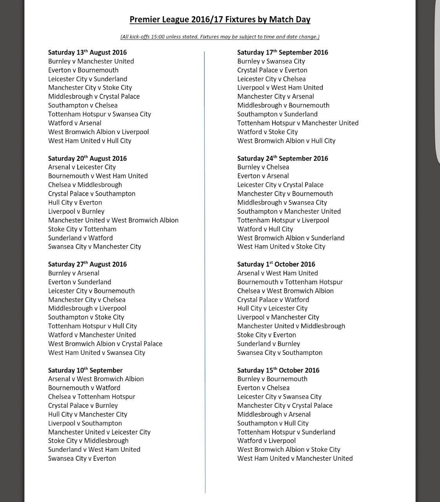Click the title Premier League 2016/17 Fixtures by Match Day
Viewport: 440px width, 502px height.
click(220, 20)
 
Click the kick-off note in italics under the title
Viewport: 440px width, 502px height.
click(220, 37)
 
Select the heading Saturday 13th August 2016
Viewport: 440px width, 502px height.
click(87, 53)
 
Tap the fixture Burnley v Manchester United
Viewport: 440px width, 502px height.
click(91, 61)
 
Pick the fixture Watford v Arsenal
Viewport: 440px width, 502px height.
click(75, 123)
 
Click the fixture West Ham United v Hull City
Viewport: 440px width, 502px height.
click(89, 141)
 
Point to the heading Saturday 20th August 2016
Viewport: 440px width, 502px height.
click(87, 158)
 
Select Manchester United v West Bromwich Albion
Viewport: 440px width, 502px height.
click(113, 220)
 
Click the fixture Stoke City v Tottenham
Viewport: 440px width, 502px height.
click(82, 229)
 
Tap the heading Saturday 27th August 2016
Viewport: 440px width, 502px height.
click(87, 264)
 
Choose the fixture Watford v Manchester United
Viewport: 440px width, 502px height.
click(92, 335)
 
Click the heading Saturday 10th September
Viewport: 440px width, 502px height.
click(85, 370)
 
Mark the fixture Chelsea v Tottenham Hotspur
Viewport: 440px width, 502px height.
click(91, 397)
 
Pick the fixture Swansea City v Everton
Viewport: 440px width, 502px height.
click(82, 458)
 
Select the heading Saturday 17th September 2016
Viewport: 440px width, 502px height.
click(282, 53)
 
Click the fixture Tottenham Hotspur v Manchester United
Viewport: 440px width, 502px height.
click(298, 123)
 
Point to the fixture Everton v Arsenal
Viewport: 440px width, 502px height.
click(263, 176)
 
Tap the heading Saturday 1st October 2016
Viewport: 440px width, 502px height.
click(276, 264)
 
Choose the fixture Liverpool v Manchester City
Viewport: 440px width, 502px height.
click(278, 317)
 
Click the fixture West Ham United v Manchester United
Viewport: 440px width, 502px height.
click(295, 458)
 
